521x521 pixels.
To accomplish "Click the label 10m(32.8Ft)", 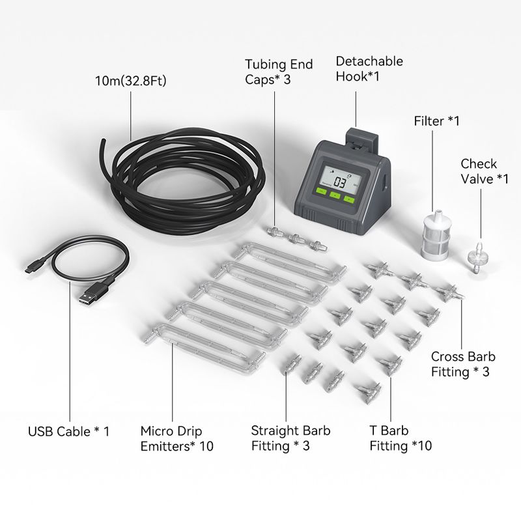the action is (x=131, y=81).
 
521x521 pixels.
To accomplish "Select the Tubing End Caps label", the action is (x=279, y=72).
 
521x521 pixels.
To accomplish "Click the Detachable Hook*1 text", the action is (x=369, y=69).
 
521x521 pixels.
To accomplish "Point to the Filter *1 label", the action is (x=436, y=121).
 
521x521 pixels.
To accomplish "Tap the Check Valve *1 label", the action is (x=485, y=171).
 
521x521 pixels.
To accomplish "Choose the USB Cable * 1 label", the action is (x=69, y=431).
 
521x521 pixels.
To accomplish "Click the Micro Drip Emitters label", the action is (x=176, y=438).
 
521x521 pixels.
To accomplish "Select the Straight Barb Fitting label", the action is (x=290, y=438).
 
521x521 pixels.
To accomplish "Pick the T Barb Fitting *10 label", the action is (x=401, y=438).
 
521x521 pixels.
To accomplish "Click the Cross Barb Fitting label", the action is (x=463, y=364).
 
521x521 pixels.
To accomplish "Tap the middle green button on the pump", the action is (x=335, y=195).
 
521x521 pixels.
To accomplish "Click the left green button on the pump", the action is (x=321, y=191).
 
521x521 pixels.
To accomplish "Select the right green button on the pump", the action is (x=349, y=199).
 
